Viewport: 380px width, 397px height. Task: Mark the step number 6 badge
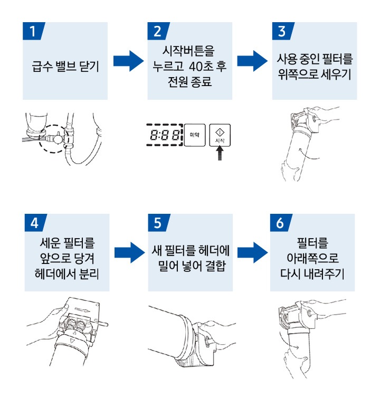tap(280, 222)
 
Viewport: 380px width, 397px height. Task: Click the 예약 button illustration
tap(193, 135)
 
